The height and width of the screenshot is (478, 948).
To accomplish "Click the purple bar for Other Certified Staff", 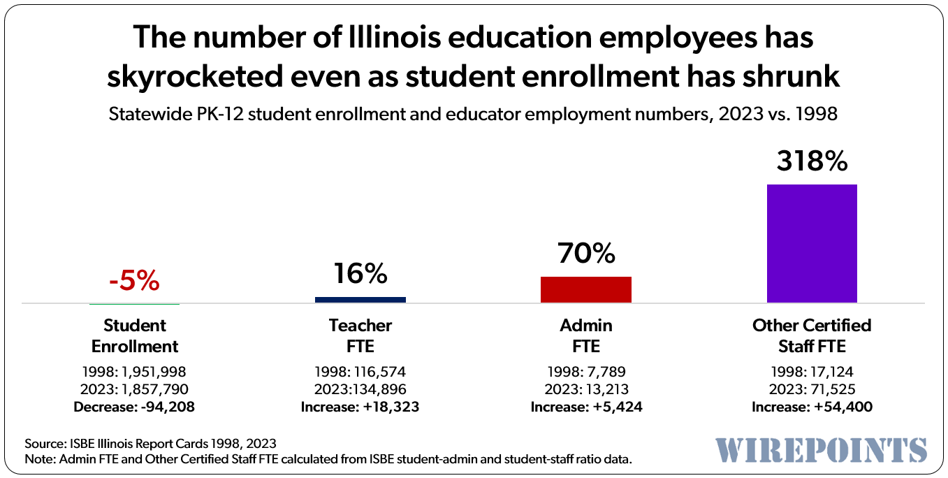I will (x=812, y=243).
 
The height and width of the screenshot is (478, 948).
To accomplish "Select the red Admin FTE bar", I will (x=586, y=289).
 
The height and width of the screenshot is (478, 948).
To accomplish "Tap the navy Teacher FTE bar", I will (x=360, y=300).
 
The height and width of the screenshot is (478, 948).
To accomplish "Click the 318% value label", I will (x=812, y=161).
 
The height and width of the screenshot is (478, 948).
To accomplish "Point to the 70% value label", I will (x=586, y=253).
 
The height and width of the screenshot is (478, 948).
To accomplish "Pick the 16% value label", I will (x=360, y=274).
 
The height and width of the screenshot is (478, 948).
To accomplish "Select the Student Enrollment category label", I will (x=135, y=335).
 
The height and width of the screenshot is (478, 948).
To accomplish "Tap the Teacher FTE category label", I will (x=360, y=335).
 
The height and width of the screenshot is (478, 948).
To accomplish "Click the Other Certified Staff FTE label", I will (x=812, y=335).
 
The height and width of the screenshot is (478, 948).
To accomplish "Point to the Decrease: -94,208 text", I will (x=135, y=407).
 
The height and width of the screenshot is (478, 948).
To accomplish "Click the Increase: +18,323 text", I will (x=360, y=407).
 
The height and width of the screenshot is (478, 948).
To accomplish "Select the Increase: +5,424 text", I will (x=586, y=407).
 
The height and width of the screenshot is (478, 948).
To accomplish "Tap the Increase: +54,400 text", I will (x=812, y=407).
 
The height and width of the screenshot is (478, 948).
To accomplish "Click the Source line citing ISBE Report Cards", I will (x=150, y=443).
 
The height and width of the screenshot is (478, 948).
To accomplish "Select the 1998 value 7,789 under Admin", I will (x=605, y=372).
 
